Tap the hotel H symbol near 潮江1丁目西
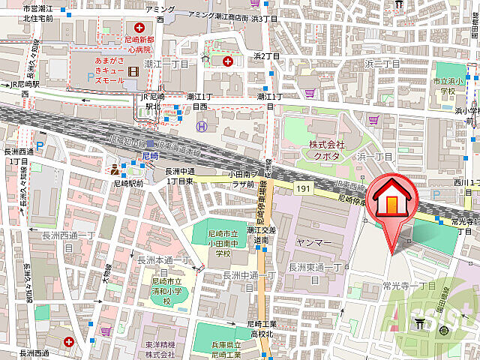200,127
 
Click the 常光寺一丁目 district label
409,286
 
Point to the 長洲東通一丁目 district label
309,274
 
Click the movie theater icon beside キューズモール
134,72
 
